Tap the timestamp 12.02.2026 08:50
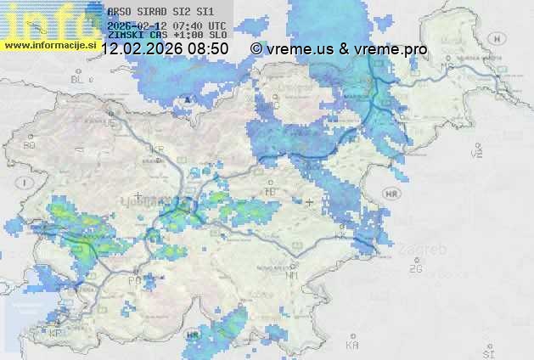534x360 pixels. [165, 49]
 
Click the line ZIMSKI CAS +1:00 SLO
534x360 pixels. [161, 37]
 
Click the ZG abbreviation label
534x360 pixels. [415, 269]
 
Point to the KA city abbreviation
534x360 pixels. [352, 346]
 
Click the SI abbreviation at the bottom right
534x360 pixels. [487, 351]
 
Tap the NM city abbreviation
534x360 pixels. [292, 276]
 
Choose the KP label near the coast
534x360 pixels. [56, 334]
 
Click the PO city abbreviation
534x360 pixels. [133, 280]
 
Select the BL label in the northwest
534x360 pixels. [78, 79]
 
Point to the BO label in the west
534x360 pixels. [30, 145]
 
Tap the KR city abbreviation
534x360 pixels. [157, 149]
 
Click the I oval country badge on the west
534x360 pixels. [27, 183]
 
